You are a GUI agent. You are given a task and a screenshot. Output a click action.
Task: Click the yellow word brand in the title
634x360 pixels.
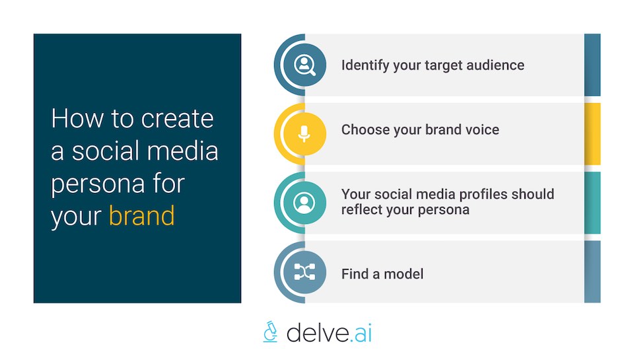pos(142,216)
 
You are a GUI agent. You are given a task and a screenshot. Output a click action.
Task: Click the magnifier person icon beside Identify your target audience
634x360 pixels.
pos(304,65)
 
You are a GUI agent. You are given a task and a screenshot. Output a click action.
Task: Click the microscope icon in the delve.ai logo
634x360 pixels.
pos(270,332)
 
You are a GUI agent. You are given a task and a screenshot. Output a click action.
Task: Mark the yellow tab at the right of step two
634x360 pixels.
pos(592,133)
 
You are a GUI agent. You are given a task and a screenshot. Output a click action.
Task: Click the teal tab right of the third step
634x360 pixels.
pos(592,203)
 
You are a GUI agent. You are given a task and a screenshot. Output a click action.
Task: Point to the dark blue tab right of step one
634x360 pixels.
pos(592,65)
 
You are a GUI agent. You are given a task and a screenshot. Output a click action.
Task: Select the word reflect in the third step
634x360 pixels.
pos(363,209)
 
